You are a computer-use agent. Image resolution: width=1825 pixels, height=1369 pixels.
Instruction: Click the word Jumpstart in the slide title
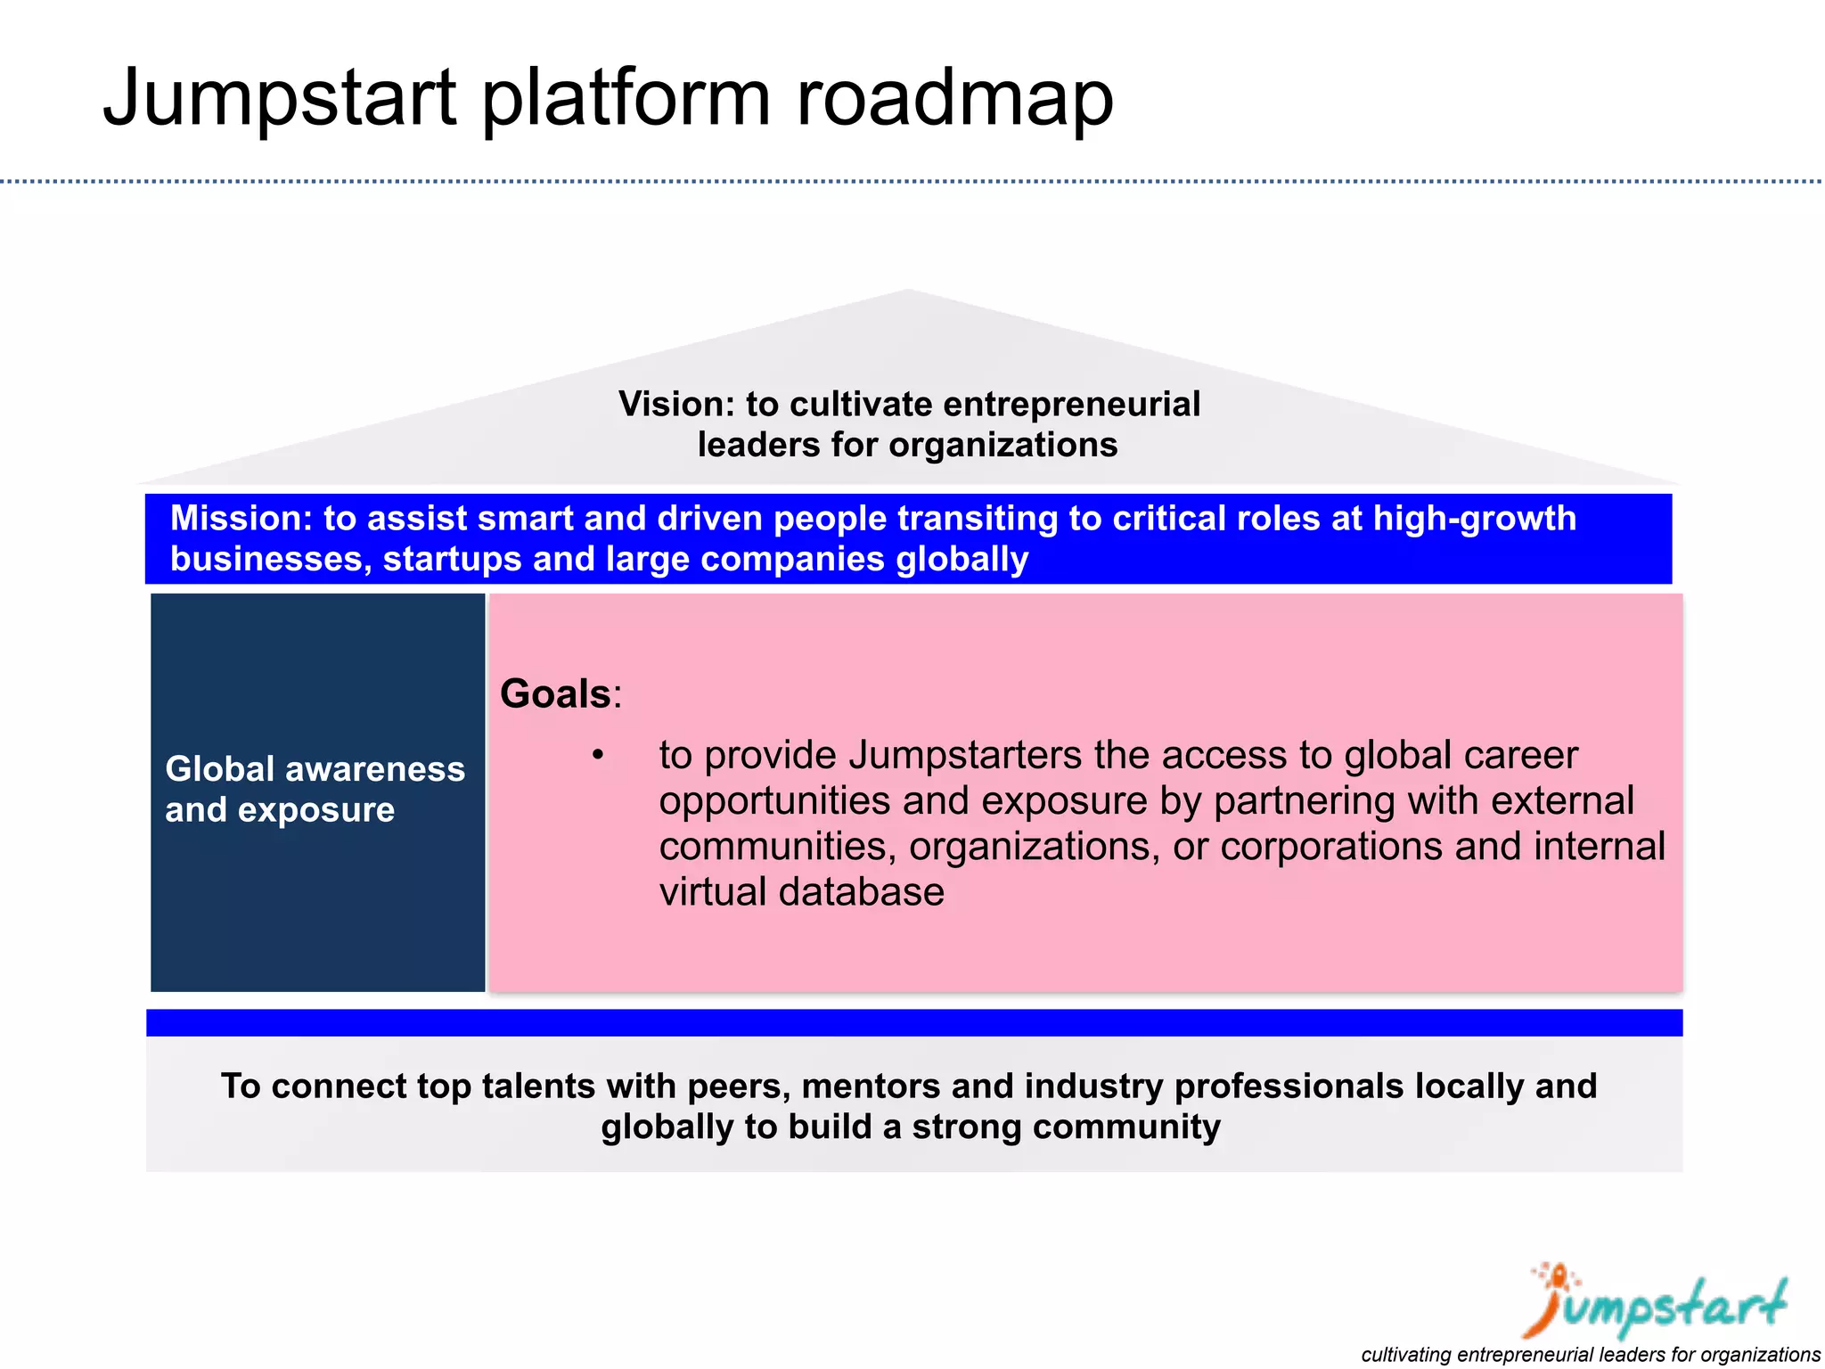pyautogui.click(x=279, y=98)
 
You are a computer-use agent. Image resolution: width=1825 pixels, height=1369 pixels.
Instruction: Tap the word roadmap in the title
pyautogui.click(x=954, y=98)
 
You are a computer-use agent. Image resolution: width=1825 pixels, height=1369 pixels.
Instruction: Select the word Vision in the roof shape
pyautogui.click(x=675, y=405)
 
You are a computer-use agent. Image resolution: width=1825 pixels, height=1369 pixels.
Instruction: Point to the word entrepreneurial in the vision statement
pyautogui.click(x=1072, y=405)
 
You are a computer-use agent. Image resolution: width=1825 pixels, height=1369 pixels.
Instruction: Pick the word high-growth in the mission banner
pyautogui.click(x=1474, y=519)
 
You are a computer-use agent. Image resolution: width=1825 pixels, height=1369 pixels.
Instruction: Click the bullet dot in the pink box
pyautogui.click(x=598, y=756)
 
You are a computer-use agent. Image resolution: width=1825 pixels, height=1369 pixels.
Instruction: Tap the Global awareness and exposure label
pyautogui.click(x=315, y=790)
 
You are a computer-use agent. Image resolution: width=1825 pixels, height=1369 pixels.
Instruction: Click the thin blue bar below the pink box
pyautogui.click(x=913, y=1023)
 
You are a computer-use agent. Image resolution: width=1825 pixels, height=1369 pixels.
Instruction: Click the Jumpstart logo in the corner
pyautogui.click(x=1657, y=1303)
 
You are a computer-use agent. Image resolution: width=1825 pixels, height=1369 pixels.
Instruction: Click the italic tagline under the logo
pyautogui.click(x=1590, y=1355)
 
